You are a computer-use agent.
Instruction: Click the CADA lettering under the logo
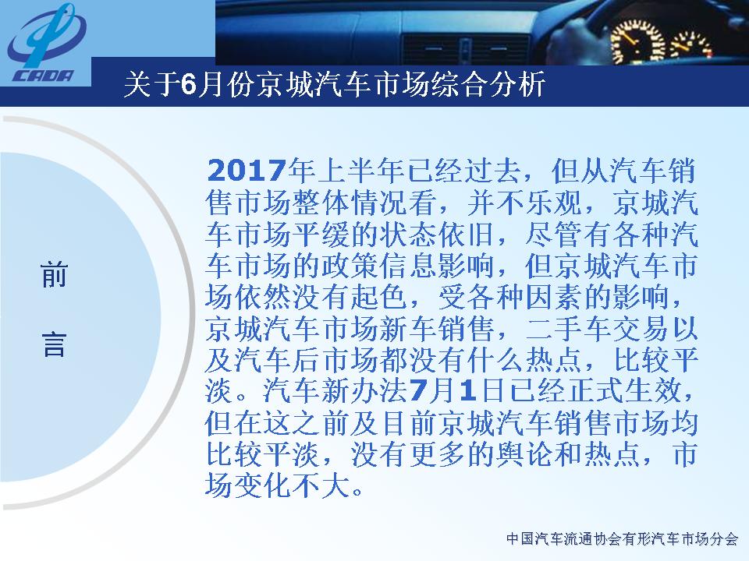tap(44, 76)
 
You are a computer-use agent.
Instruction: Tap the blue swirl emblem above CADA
tap(46, 36)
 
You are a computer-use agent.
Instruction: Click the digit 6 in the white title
tap(189, 85)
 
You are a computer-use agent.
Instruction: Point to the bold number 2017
tap(247, 171)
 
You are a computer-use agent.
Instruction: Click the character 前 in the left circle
tap(54, 274)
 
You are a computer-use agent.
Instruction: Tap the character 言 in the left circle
tap(54, 344)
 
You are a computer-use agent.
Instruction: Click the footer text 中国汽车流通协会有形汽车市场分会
tap(622, 539)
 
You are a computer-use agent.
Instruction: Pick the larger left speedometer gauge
tap(638, 40)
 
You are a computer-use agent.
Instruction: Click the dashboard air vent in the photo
tap(467, 48)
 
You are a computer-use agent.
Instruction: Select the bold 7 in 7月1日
tap(416, 391)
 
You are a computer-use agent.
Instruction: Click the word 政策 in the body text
tap(350, 266)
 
